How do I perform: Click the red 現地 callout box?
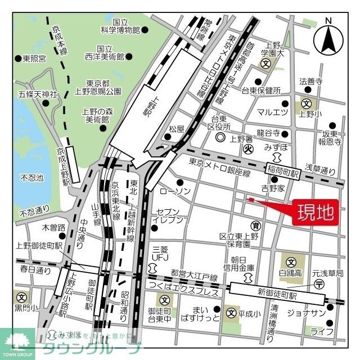pyautogui.click(x=315, y=213)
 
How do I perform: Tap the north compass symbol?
pyautogui.click(x=330, y=39)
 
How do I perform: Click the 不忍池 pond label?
pyautogui.click(x=31, y=178)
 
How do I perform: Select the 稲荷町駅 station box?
pyautogui.click(x=283, y=168)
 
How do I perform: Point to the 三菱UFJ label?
pyautogui.click(x=160, y=252)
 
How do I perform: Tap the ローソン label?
pyautogui.click(x=175, y=192)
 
